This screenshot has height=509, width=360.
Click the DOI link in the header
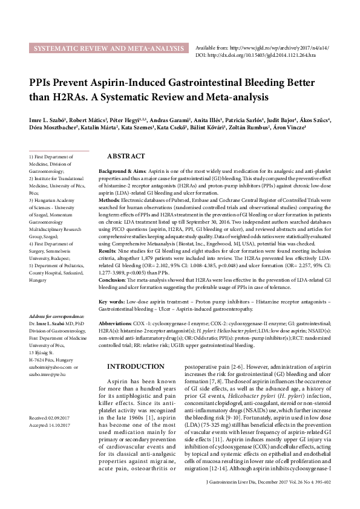coord(254,54)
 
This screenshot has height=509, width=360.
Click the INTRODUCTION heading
coord(135,367)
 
